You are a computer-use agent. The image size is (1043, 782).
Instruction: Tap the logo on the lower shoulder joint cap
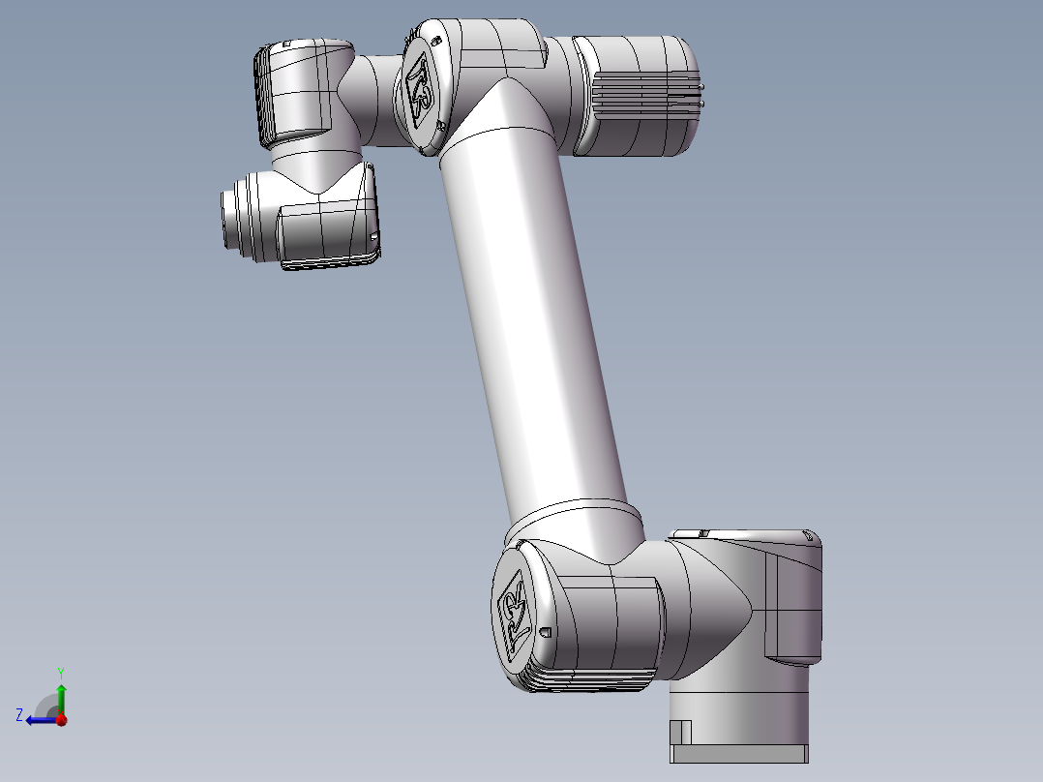[x=511, y=609]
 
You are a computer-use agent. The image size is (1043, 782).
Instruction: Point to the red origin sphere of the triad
[x=61, y=719]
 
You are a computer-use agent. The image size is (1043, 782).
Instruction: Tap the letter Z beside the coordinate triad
[x=19, y=715]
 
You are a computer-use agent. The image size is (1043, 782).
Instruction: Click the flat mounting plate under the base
[x=739, y=754]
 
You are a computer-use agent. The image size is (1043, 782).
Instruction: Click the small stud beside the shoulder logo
[x=544, y=632]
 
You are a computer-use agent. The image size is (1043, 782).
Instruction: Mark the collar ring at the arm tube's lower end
[x=577, y=517]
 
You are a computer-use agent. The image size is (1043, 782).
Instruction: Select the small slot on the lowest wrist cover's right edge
[x=374, y=236]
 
